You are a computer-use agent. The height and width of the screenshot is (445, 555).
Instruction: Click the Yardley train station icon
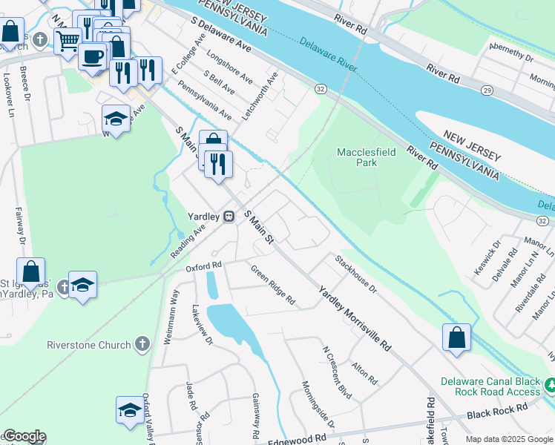click(229, 216)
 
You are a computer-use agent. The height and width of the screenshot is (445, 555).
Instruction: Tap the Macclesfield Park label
click(367, 157)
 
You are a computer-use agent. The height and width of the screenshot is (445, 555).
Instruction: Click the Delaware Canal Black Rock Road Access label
click(489, 386)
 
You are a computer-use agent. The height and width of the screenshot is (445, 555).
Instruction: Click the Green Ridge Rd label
click(272, 286)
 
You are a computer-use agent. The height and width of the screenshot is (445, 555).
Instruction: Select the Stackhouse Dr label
click(355, 274)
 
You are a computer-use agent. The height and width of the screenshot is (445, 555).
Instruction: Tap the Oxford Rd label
click(203, 266)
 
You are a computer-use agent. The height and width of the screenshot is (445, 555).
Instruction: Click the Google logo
click(24, 436)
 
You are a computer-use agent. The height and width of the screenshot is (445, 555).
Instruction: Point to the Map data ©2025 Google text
click(508, 439)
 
